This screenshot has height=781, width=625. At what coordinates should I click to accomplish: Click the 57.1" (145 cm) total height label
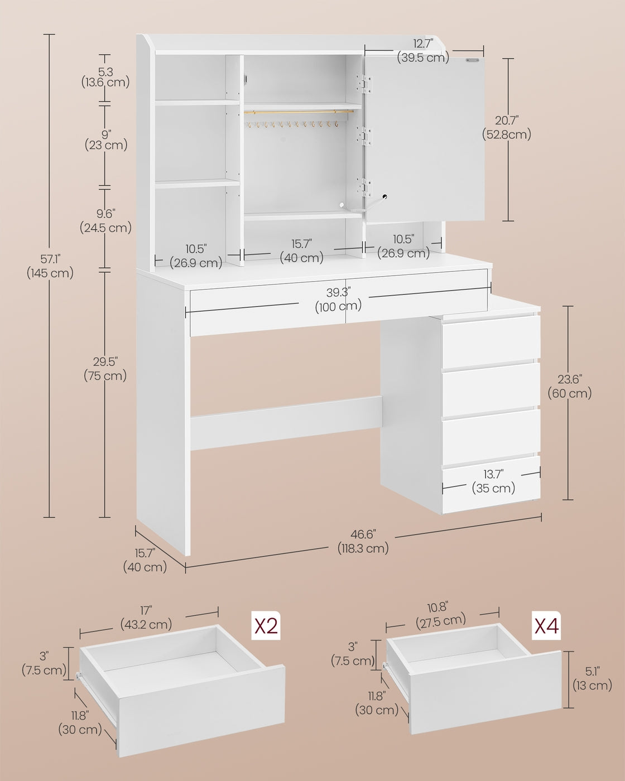pyautogui.click(x=50, y=266)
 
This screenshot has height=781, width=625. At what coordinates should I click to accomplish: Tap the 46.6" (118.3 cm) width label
pyautogui.click(x=363, y=542)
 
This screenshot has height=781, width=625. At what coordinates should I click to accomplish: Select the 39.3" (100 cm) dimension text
pyautogui.click(x=338, y=300)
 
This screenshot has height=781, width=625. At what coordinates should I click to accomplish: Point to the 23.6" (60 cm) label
pyautogui.click(x=569, y=386)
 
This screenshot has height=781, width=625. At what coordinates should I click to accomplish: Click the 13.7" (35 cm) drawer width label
pyautogui.click(x=493, y=481)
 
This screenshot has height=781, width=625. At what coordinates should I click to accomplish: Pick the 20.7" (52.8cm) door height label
pyautogui.click(x=507, y=127)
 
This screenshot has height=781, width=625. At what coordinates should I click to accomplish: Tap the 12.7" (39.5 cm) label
pyautogui.click(x=423, y=50)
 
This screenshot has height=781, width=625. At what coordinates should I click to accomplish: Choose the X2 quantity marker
pyautogui.click(x=266, y=626)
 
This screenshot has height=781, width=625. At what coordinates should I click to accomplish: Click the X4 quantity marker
pyautogui.click(x=546, y=626)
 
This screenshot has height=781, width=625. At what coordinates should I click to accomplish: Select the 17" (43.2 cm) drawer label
pyautogui.click(x=146, y=618)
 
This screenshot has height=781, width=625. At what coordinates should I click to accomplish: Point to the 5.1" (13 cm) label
pyautogui.click(x=592, y=678)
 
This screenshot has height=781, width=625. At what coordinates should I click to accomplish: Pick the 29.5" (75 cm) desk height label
pyautogui.click(x=105, y=369)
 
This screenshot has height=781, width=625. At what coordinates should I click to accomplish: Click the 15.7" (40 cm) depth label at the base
pyautogui.click(x=145, y=560)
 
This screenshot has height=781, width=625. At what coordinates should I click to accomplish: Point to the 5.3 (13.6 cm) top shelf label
pyautogui.click(x=105, y=77)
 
